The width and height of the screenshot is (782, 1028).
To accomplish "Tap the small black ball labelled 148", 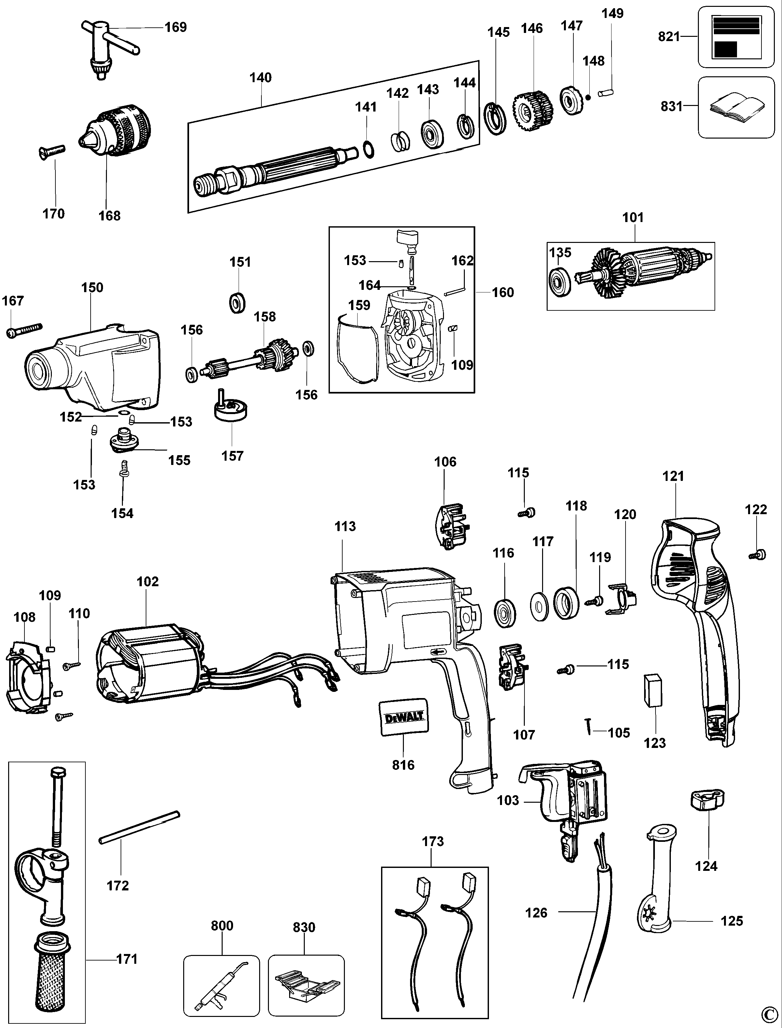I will point(588,97).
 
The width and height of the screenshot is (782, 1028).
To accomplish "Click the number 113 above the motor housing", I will point(345,527).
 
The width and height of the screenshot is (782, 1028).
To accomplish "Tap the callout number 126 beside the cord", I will point(536,913).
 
